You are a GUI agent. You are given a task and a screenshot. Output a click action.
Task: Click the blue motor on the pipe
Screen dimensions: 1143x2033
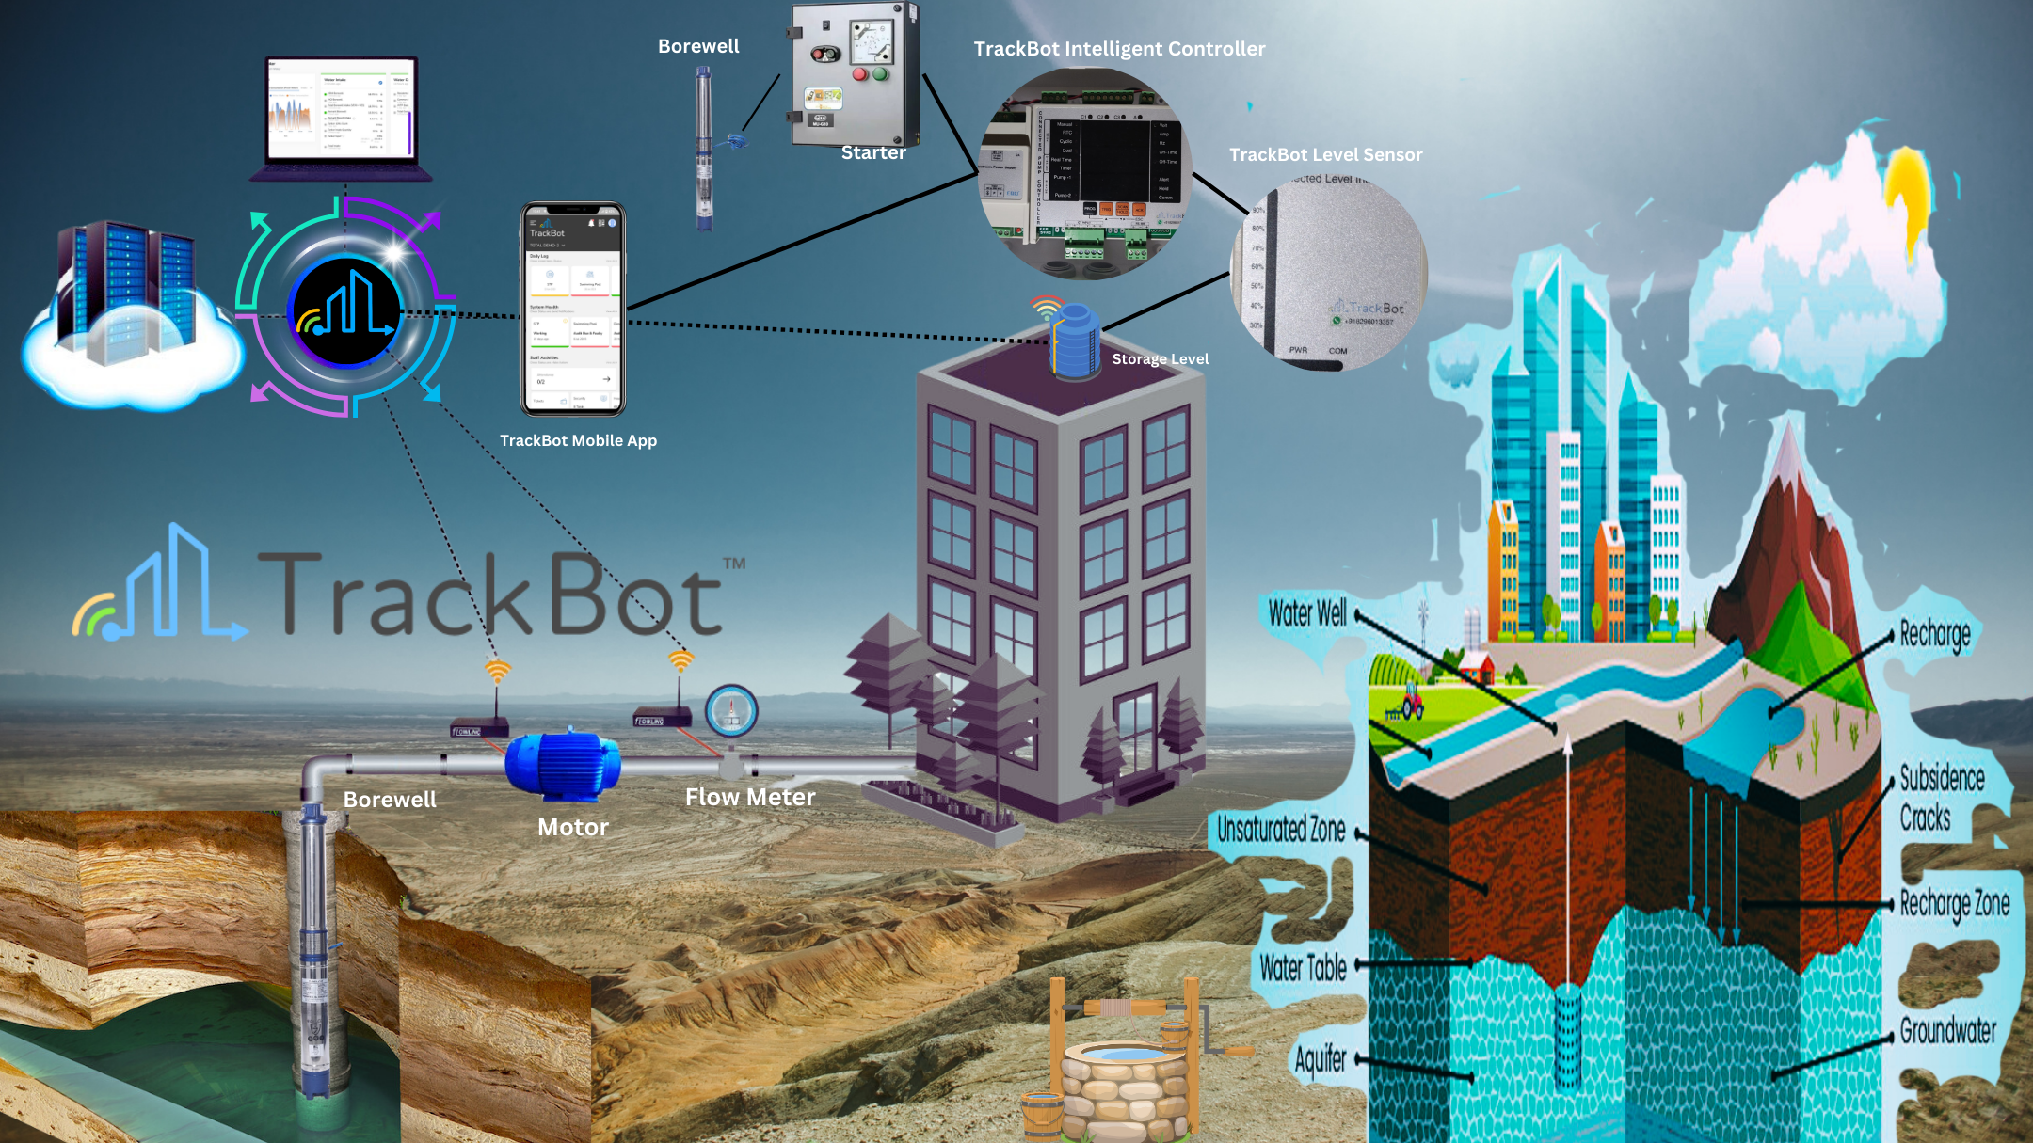(563, 765)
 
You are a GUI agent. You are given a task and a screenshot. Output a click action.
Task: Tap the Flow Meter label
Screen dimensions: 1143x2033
(750, 798)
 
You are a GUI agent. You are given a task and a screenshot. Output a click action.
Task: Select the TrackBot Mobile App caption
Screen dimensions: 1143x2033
(578, 440)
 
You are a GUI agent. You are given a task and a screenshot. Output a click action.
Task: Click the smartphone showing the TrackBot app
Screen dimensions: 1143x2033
(573, 310)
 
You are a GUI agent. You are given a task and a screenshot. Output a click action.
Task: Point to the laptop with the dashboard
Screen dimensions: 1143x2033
(342, 118)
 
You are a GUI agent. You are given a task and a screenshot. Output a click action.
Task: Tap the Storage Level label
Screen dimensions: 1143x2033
(1160, 359)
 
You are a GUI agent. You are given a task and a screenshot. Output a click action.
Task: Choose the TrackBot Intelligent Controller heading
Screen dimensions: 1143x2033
(1119, 49)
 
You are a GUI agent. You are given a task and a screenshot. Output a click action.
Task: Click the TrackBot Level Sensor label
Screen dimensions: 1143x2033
(1325, 155)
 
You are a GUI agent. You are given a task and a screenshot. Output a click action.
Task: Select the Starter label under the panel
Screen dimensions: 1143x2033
(873, 152)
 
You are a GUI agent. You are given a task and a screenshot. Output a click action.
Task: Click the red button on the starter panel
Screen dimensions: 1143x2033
(859, 74)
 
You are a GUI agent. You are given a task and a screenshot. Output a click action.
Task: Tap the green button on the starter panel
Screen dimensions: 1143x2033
(881, 73)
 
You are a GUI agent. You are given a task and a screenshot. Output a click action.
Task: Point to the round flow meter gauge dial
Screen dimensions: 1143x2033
(731, 710)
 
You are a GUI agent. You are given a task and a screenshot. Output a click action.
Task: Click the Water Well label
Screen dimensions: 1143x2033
(1307, 613)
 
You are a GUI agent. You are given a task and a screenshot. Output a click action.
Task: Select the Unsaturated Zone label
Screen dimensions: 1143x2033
(1281, 830)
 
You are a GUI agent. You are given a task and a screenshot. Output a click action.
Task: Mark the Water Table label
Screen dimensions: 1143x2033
(1303, 967)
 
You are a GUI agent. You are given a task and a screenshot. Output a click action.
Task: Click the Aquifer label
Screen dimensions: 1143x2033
(1321, 1059)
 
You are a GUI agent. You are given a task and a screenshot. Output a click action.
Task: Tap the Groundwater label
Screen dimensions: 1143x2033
(1947, 1031)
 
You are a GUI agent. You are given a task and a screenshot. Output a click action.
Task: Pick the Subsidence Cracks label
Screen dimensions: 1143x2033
(1941, 798)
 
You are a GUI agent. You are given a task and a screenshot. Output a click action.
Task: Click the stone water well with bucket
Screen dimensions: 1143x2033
(1125, 1072)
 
